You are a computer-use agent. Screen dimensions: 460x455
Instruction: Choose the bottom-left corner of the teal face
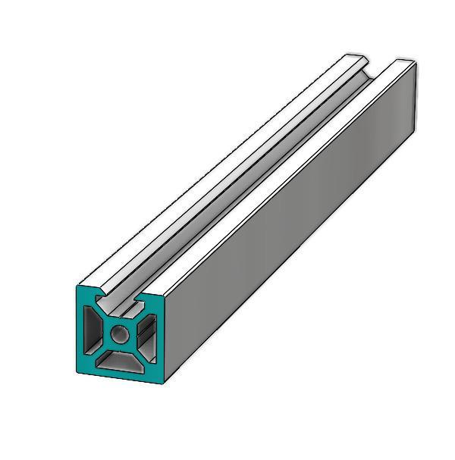point(78,371)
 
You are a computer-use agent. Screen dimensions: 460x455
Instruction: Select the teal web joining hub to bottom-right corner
point(138,352)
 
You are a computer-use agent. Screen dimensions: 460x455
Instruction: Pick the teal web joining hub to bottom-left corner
point(101,351)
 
